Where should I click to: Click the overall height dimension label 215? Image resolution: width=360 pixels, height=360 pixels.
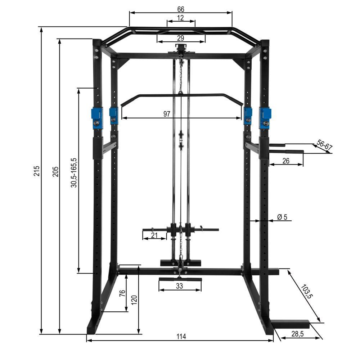[x=36, y=171]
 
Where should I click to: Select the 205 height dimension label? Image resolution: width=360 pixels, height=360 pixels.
[x=55, y=171]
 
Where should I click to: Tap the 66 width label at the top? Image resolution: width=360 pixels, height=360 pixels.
[x=181, y=9]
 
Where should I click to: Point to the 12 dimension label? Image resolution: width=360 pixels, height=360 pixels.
[x=181, y=18]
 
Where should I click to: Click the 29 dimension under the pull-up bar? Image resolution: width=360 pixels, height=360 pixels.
[x=181, y=38]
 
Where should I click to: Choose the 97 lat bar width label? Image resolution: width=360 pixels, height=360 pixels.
[x=167, y=114]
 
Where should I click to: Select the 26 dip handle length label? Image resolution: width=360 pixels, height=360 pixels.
[x=286, y=161]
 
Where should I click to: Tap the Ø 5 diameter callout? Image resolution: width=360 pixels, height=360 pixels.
[x=282, y=217]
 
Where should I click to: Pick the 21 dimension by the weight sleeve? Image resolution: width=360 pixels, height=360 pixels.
[x=154, y=235]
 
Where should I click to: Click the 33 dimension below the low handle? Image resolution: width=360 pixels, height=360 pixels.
[x=180, y=286]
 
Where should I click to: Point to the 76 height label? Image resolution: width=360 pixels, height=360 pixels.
[x=122, y=292]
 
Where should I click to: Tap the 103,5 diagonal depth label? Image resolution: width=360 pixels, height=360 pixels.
[x=307, y=292]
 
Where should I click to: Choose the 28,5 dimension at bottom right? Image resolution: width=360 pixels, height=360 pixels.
[x=297, y=334]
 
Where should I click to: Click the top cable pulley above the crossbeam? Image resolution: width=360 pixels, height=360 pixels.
[x=181, y=47]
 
